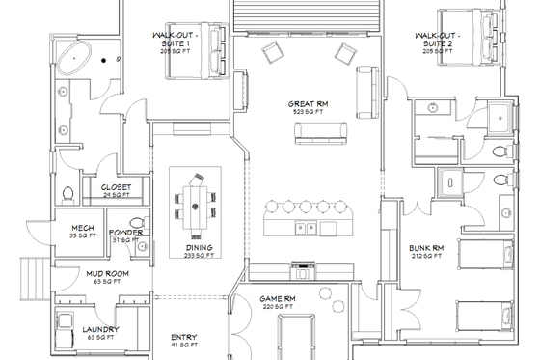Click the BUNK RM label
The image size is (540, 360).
click(x=424, y=247)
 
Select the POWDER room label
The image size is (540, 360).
click(x=126, y=233)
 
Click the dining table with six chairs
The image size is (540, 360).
click(x=194, y=205)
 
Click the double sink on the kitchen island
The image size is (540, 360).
click(x=305, y=228)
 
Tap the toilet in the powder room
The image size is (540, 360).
click(x=143, y=249)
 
